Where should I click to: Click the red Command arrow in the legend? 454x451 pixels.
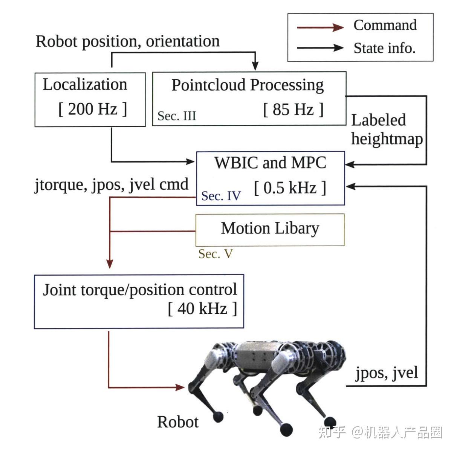click(x=320, y=27)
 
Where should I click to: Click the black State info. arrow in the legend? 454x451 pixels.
click(x=320, y=48)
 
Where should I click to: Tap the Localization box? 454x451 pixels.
click(x=90, y=99)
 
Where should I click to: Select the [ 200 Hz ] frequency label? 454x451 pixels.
click(x=92, y=109)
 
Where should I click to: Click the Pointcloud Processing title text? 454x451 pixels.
click(x=248, y=85)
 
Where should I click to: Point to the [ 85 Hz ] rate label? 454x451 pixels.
click(x=293, y=110)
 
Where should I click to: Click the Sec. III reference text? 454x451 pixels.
click(x=177, y=116)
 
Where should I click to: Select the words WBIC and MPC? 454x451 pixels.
click(x=270, y=163)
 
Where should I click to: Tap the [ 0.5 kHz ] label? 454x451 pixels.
click(x=290, y=187)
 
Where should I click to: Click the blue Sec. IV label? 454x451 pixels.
click(x=221, y=196)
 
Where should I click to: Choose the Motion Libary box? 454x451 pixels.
click(x=270, y=229)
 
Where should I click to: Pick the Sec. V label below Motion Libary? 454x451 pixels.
click(x=215, y=254)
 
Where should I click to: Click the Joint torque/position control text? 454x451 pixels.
click(x=140, y=290)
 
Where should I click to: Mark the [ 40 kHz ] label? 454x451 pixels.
click(x=202, y=308)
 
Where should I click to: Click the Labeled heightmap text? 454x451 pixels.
click(x=386, y=129)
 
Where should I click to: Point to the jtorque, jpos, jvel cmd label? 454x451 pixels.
click(x=112, y=184)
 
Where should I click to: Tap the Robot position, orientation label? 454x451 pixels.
click(x=127, y=41)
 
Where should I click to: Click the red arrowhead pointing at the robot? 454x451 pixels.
click(x=180, y=387)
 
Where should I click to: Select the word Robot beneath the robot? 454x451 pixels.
click(x=177, y=422)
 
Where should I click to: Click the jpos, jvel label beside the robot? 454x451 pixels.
click(x=387, y=373)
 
